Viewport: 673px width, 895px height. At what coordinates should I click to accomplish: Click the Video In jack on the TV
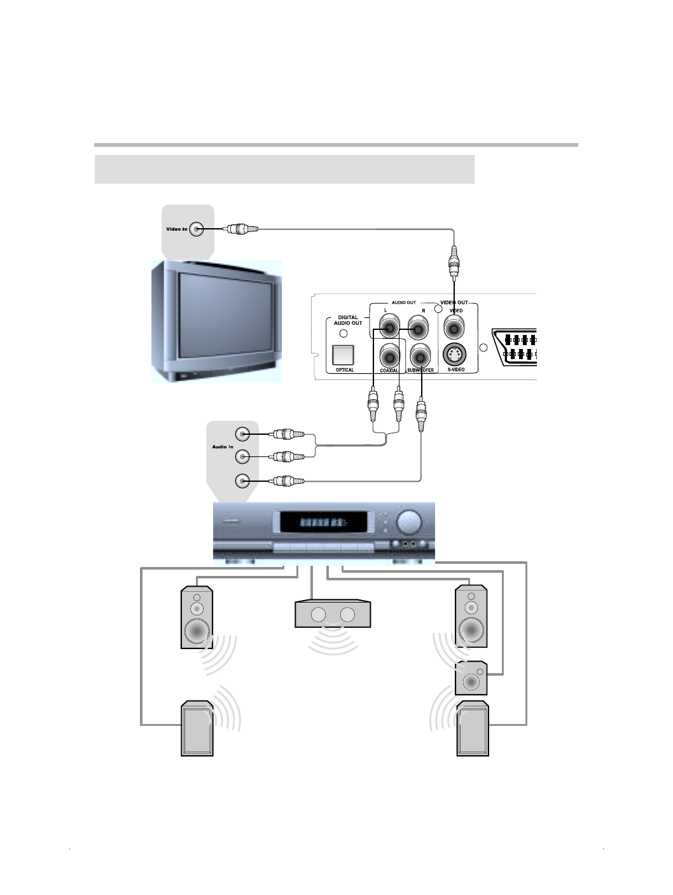click(197, 229)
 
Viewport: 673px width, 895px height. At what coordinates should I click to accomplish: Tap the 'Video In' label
click(177, 229)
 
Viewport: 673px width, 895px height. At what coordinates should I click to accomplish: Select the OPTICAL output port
click(343, 354)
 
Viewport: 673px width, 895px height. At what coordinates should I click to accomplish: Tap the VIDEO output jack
click(454, 329)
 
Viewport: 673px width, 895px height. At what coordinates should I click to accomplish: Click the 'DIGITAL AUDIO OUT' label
click(348, 320)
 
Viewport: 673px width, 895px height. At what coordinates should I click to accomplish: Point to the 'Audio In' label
click(223, 447)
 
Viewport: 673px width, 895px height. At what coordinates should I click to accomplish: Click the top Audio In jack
click(242, 434)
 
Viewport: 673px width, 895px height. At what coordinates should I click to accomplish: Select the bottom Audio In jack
click(242, 481)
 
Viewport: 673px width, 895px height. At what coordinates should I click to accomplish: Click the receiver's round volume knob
click(409, 523)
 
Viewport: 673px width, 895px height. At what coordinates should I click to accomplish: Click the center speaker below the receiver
click(333, 615)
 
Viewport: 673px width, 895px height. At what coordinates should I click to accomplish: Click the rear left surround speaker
click(197, 729)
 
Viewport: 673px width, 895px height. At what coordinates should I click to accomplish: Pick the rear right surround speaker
click(473, 729)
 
